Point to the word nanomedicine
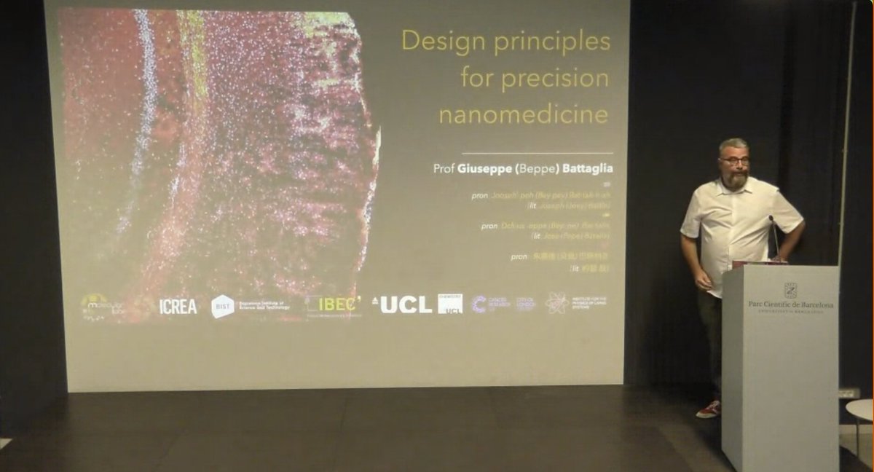[522, 114]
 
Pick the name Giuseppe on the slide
[484, 168]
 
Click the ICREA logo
[178, 307]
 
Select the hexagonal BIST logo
[222, 307]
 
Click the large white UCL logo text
[405, 305]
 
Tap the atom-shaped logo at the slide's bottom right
[557, 303]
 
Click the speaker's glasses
[734, 160]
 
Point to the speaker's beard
[736, 179]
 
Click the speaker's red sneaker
[708, 409]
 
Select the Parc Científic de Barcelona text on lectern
[790, 304]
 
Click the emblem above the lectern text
[790, 290]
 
